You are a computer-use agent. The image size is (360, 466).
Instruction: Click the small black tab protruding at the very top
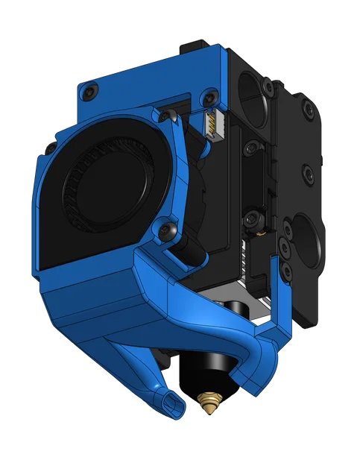click(x=186, y=48)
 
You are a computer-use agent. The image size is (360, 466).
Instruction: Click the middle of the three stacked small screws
click(x=285, y=239)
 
